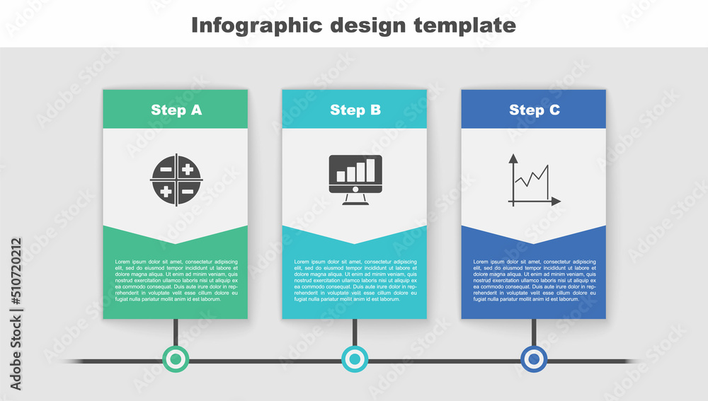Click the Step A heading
coord(176,110)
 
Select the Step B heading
coord(355,110)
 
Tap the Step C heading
coord(534,110)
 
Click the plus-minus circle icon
coord(176,180)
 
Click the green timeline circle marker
coord(176,359)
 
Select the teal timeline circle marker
coord(355,359)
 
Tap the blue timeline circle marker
coord(534,359)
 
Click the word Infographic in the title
coord(253,25)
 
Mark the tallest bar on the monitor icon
coord(371,170)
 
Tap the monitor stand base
coord(355,203)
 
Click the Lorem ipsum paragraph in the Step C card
coord(534,281)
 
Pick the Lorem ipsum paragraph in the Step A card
coord(176,281)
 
